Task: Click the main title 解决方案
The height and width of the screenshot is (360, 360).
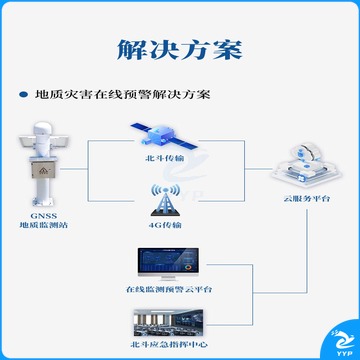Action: click(180, 50)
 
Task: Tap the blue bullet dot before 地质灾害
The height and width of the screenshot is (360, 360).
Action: click(23, 95)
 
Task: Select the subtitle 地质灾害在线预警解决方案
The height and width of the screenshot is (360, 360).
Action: click(123, 94)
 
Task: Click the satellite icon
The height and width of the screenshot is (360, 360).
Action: click(164, 136)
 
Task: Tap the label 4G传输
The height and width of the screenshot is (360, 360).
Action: click(165, 225)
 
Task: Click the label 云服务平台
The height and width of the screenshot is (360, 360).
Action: click(307, 199)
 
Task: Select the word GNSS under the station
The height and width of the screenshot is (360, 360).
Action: click(43, 216)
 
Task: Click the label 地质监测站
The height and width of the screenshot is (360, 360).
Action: click(44, 225)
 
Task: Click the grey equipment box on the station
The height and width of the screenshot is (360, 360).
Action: click(43, 169)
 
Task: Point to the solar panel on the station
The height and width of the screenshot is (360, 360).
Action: click(27, 142)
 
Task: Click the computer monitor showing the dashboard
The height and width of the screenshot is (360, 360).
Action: click(168, 263)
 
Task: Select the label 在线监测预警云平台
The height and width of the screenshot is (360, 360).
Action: click(169, 289)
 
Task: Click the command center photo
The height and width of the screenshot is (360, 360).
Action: click(168, 322)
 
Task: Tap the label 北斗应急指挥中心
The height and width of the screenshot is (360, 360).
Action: click(169, 344)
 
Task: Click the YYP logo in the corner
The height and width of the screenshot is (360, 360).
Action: click(343, 343)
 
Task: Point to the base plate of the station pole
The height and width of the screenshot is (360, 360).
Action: click(43, 201)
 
